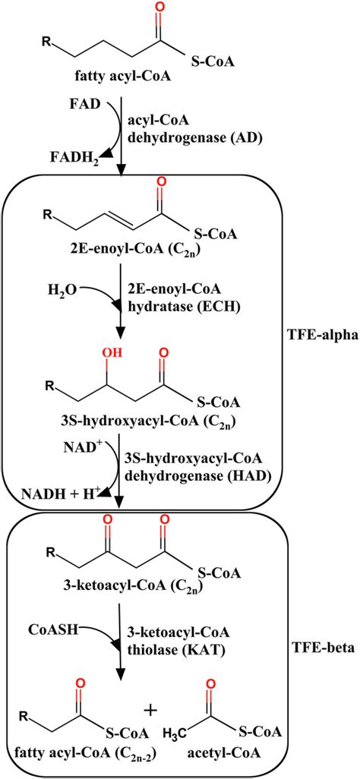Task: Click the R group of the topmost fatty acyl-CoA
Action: click(x=46, y=43)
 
